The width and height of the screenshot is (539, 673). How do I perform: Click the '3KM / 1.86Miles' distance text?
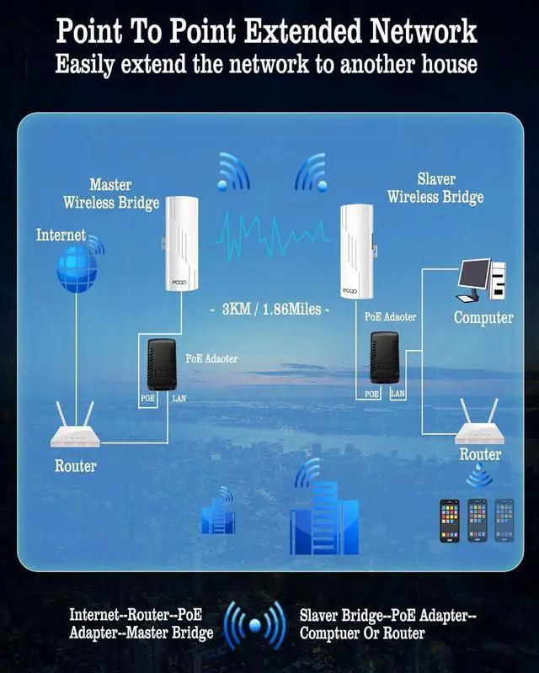[269, 309]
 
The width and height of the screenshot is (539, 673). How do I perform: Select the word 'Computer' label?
[483, 317]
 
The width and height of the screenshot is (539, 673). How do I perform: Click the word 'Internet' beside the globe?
[61, 235]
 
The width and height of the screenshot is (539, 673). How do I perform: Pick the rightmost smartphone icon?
[504, 521]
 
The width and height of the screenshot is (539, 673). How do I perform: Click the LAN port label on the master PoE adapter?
[179, 398]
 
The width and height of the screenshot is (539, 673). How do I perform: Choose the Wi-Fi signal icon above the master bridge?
[233, 172]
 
